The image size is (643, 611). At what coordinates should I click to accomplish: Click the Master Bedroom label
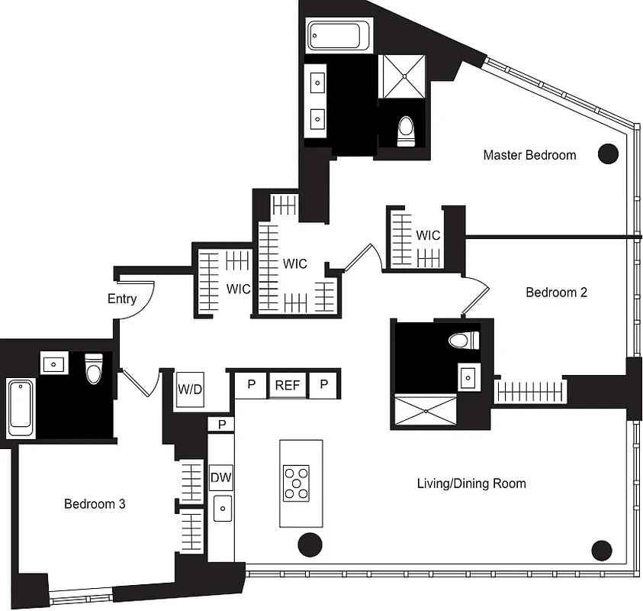point(529,155)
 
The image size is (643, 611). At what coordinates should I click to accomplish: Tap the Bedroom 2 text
point(556,293)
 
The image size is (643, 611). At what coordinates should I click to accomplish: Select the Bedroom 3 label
point(95,504)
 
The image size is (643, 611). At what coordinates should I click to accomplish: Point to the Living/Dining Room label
point(471,483)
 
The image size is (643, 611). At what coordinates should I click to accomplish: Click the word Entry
point(122,299)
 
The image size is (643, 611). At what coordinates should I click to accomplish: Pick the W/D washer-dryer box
point(189,388)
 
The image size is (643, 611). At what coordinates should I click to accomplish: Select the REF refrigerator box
point(287,385)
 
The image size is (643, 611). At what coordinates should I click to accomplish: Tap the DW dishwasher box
point(220,478)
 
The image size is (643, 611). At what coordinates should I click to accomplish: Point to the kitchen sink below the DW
point(222,508)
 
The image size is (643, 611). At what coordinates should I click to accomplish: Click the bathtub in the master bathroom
point(338,35)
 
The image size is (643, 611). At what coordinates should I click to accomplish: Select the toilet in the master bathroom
point(406,131)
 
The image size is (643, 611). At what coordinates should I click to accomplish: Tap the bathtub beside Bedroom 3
point(21,409)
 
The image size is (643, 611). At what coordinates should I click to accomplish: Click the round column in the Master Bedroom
point(607,154)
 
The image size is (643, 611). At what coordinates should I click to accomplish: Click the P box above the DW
point(221,424)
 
